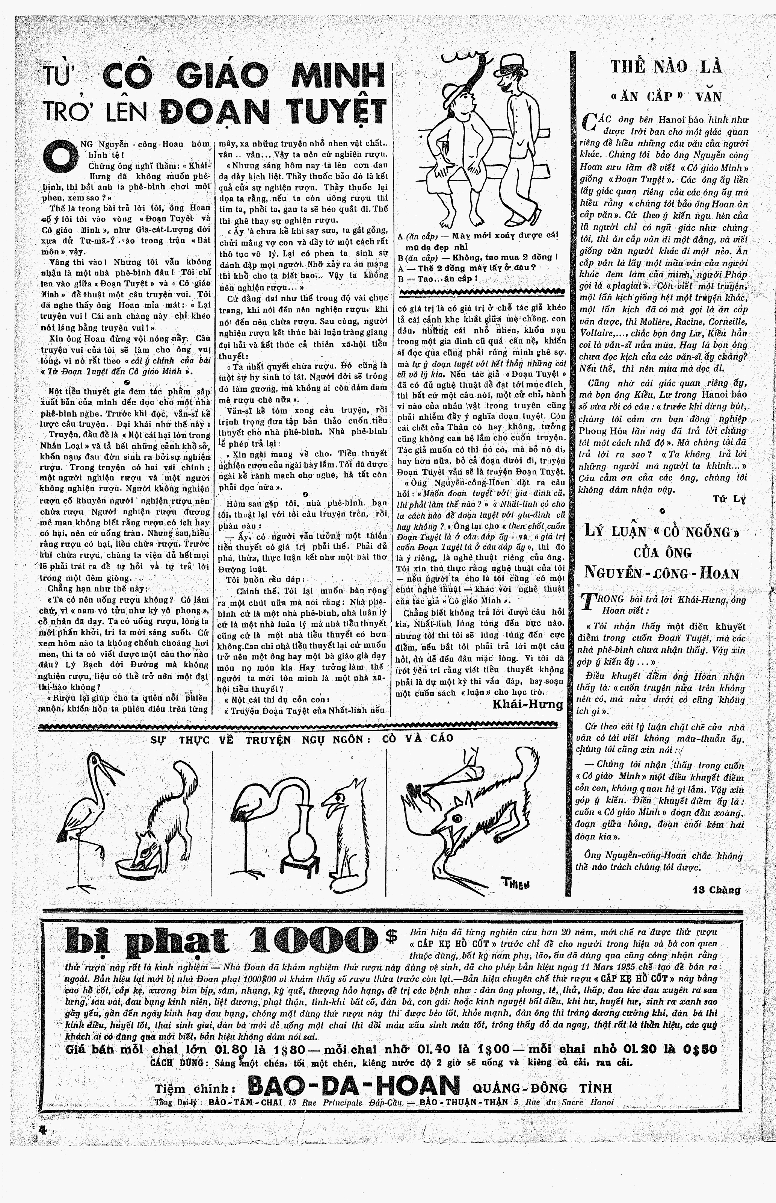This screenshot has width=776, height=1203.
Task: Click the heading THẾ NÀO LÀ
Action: pyautogui.click(x=666, y=67)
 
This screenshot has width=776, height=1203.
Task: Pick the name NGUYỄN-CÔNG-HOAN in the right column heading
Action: pyautogui.click(x=661, y=573)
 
